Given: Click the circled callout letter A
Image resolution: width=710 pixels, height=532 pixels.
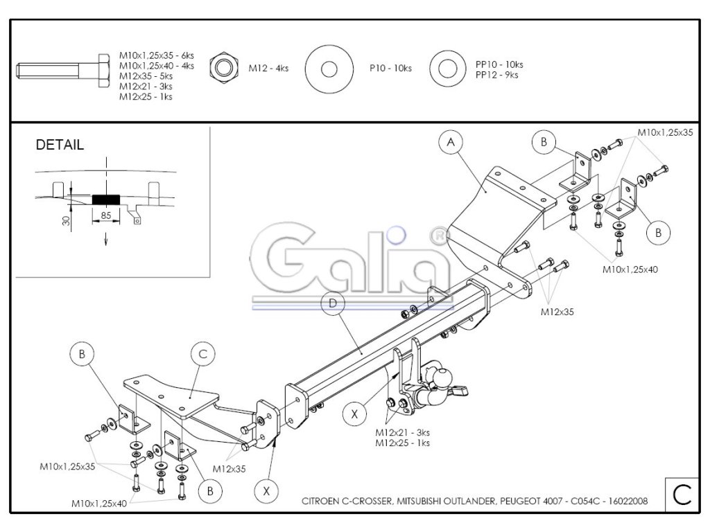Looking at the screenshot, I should click(x=450, y=143).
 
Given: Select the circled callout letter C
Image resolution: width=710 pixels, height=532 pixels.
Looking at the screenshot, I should click(x=202, y=355).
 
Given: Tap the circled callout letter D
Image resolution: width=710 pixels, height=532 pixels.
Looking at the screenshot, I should click(x=334, y=303).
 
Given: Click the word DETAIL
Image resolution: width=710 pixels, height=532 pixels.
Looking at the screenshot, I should click(x=60, y=145).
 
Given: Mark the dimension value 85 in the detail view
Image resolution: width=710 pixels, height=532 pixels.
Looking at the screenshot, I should click(x=106, y=215).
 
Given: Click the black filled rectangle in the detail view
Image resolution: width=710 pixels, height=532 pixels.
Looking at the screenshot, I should click(x=105, y=199).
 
